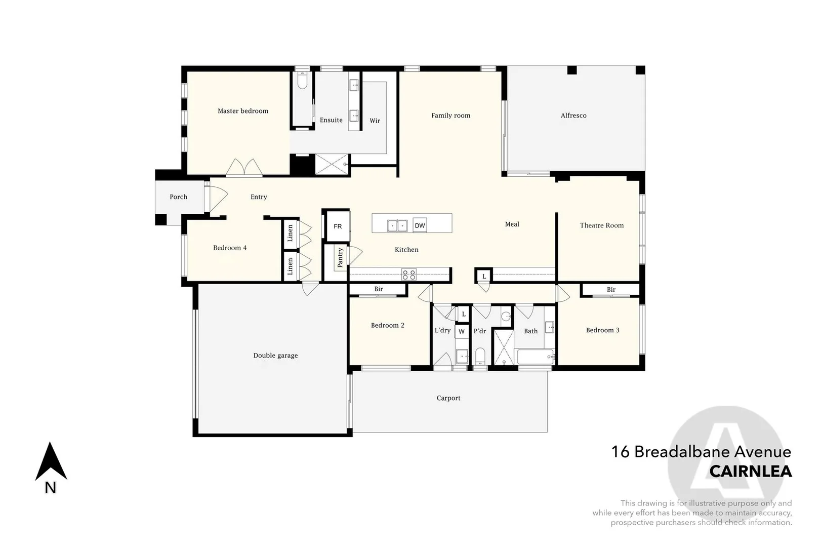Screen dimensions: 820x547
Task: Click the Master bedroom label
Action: click(243, 111)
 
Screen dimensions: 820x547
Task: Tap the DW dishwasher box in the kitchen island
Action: click(420, 225)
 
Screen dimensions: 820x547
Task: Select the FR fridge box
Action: click(338, 226)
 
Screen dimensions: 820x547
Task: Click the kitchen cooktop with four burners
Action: click(409, 275)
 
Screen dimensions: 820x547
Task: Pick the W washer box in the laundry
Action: click(462, 332)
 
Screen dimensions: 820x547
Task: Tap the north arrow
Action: click(51, 461)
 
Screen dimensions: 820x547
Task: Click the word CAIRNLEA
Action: click(751, 472)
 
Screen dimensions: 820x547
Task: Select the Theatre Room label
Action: click(602, 225)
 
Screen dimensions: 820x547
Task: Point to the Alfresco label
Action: click(573, 115)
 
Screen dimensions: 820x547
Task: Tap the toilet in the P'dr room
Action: click(480, 356)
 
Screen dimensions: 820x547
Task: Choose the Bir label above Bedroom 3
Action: click(611, 289)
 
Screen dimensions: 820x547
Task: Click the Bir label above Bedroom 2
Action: click(379, 289)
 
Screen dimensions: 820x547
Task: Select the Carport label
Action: click(448, 398)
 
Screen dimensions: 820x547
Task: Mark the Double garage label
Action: click(276, 356)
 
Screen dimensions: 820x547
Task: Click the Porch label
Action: click(179, 197)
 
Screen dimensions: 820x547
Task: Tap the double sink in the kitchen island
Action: click(397, 226)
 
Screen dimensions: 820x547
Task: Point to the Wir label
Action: click(375, 121)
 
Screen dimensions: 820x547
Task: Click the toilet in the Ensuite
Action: click(302, 81)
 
